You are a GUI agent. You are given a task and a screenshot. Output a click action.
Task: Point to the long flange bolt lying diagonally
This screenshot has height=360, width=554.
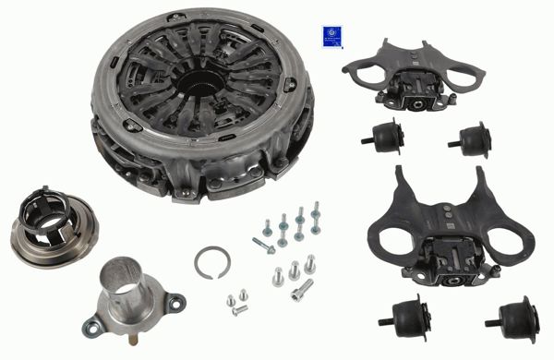(x=263, y=245)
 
